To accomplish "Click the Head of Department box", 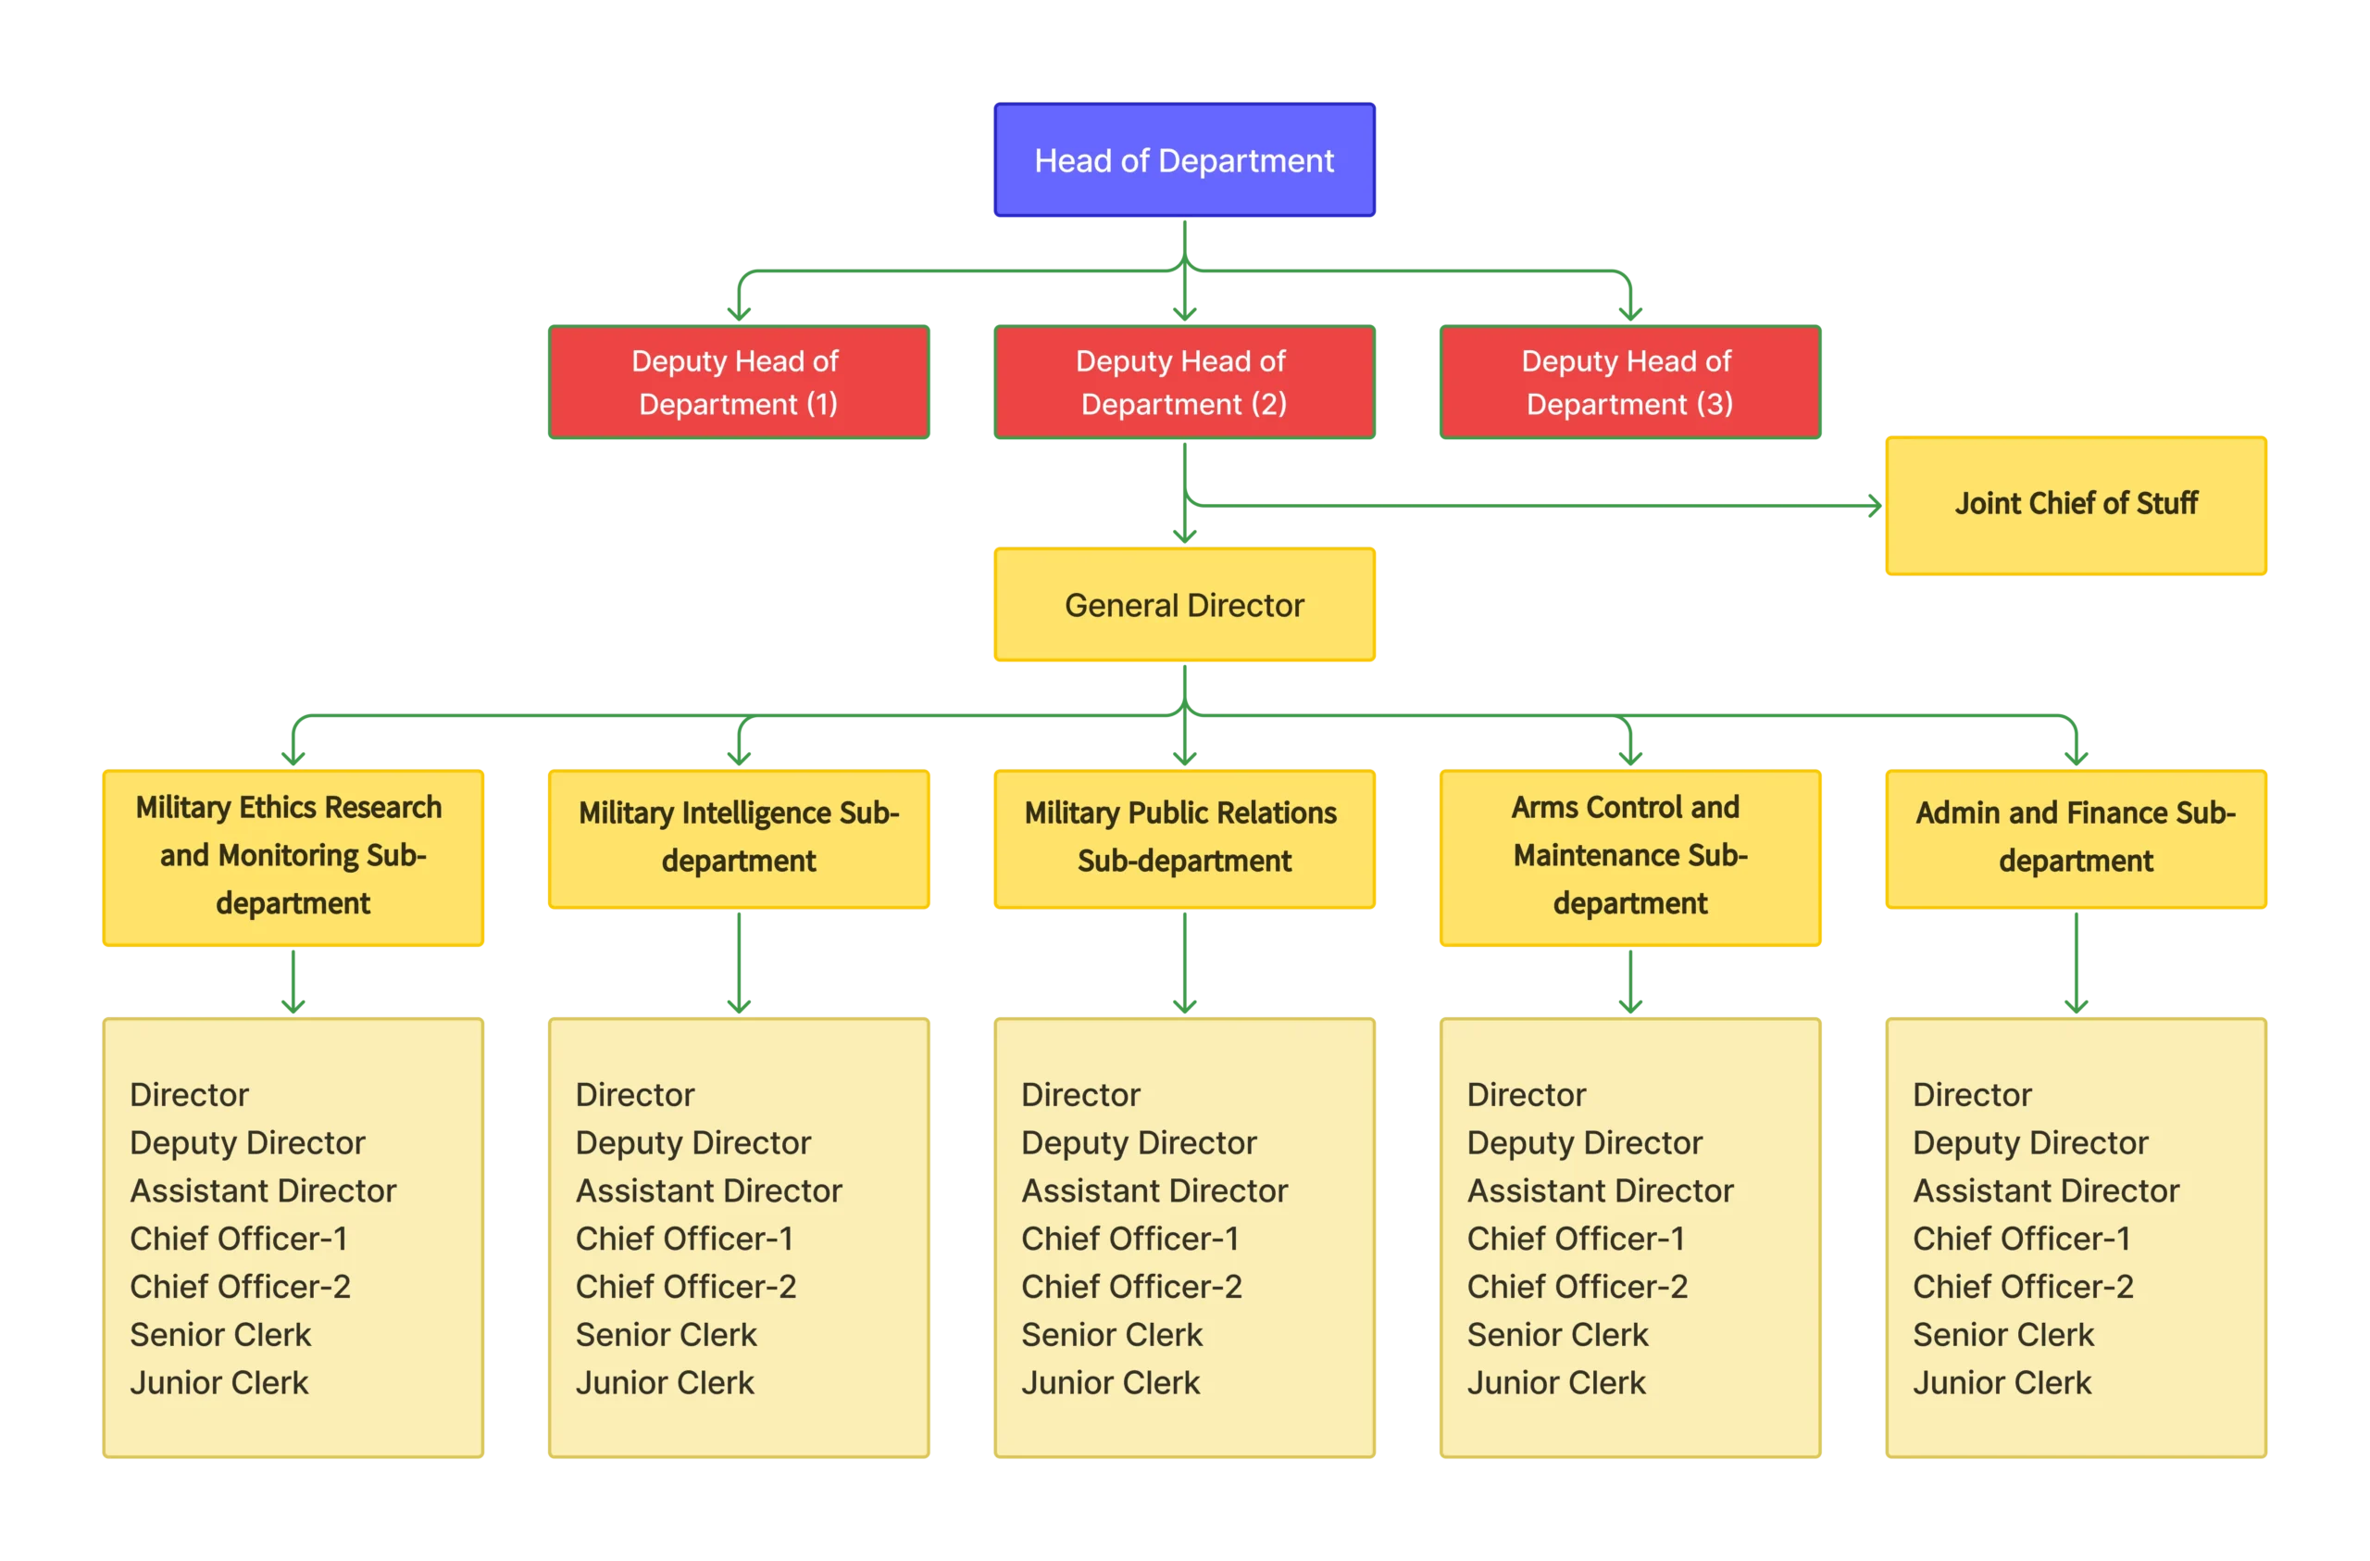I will click(x=1184, y=159).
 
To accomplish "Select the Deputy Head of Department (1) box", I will click(x=737, y=382).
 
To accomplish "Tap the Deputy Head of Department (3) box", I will click(x=1629, y=382).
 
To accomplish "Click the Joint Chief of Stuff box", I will click(x=2077, y=504).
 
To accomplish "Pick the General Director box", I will click(x=1184, y=605).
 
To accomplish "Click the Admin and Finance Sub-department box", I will click(x=2077, y=837).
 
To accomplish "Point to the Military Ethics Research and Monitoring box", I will click(x=292, y=855).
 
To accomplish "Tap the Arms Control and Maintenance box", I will click(x=1629, y=855).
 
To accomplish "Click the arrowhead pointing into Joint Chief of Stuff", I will click(x=1872, y=505).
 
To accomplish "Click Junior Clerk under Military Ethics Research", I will click(x=219, y=1383).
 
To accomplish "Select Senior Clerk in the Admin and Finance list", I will click(x=2002, y=1335).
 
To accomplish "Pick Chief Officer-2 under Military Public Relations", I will click(x=1131, y=1287).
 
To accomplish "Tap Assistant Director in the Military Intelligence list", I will click(x=708, y=1190).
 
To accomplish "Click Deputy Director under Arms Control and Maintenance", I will click(x=1584, y=1142).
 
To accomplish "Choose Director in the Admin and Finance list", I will click(x=1972, y=1095).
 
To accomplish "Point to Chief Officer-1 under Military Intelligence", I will click(x=684, y=1239).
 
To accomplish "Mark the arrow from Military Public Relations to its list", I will click(x=1184, y=962).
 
